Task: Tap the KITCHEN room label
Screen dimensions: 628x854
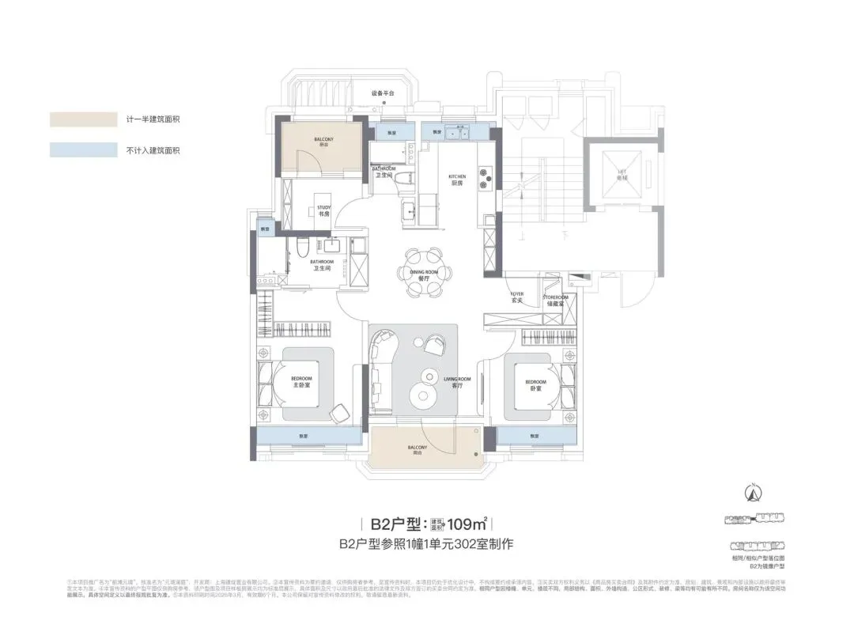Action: tap(457, 180)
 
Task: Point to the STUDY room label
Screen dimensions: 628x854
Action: tap(323, 210)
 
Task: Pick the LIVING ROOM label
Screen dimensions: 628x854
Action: tap(456, 383)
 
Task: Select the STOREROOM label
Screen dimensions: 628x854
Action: tap(557, 300)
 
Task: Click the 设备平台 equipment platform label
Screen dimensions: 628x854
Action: tap(384, 93)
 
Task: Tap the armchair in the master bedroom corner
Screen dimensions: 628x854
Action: tap(338, 412)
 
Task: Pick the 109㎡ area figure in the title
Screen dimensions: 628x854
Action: tap(467, 524)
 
